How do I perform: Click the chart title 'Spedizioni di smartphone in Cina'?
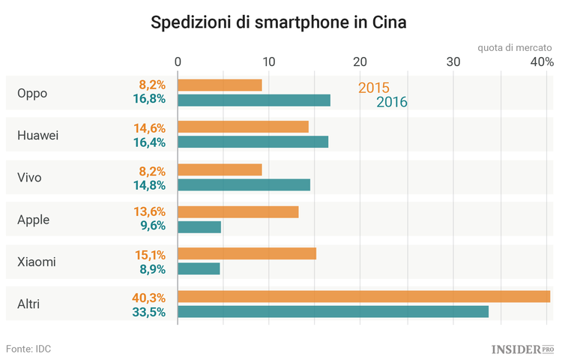coord(279,22)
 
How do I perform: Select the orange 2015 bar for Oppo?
coord(220,85)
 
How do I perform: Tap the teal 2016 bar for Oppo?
coord(254,100)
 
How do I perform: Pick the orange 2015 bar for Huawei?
coord(243,127)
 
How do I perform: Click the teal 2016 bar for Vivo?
coord(244,184)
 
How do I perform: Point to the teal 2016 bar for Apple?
coord(199,226)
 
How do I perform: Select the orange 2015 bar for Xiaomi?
coord(247,253)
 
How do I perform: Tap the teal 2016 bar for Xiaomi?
coord(199,268)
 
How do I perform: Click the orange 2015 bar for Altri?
coord(363,297)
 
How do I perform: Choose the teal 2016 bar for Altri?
coord(333,311)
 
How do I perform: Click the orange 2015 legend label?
coord(373,87)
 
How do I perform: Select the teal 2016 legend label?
coord(391,103)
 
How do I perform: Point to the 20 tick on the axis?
coord(360,62)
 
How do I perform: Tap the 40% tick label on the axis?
coord(542,62)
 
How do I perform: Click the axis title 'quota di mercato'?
coord(516,48)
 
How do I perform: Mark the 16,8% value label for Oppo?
coord(148,99)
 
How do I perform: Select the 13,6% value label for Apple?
coord(148,212)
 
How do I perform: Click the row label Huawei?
coord(37,135)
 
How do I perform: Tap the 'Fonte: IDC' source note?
coord(28,349)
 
